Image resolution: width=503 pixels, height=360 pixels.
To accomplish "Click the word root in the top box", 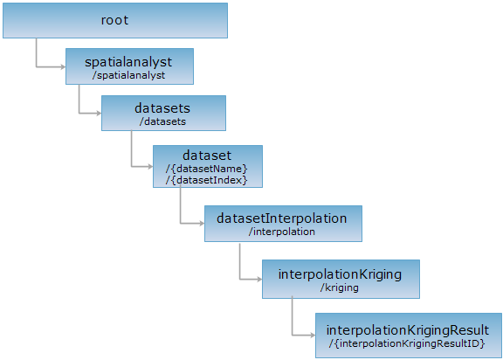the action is point(115,20).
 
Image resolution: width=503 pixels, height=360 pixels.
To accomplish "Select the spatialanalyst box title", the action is point(128,62).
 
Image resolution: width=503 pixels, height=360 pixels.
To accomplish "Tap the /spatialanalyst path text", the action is point(128,75).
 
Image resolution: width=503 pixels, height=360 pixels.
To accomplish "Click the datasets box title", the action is point(162,108).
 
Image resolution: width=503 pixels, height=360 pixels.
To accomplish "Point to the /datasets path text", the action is point(162,121).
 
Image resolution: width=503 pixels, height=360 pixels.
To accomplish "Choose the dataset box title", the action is point(207,156).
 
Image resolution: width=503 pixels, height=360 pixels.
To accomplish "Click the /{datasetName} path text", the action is point(207,169).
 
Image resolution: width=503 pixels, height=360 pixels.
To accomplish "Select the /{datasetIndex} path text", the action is point(207,180).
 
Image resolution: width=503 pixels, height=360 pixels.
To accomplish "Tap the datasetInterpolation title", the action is point(282,218).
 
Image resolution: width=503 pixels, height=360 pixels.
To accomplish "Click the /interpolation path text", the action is point(282,232).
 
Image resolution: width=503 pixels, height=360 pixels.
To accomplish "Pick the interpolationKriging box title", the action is point(340,274).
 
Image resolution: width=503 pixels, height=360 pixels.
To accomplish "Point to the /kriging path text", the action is point(340,287).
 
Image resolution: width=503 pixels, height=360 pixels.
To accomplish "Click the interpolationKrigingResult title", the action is point(408,330).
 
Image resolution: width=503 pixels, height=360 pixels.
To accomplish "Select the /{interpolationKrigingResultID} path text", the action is point(407,343).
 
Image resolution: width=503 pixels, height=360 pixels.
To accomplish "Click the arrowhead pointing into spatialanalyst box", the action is point(63,67).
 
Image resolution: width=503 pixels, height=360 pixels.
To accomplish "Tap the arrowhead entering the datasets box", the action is point(99,114).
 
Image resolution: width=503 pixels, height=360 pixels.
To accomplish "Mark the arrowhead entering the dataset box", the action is point(150,167).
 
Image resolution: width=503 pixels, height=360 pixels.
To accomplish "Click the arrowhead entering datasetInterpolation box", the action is point(202,224).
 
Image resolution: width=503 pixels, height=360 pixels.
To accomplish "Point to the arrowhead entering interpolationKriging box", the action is point(259,280).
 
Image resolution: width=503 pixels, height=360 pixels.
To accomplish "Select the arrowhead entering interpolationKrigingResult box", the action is point(313,336).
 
